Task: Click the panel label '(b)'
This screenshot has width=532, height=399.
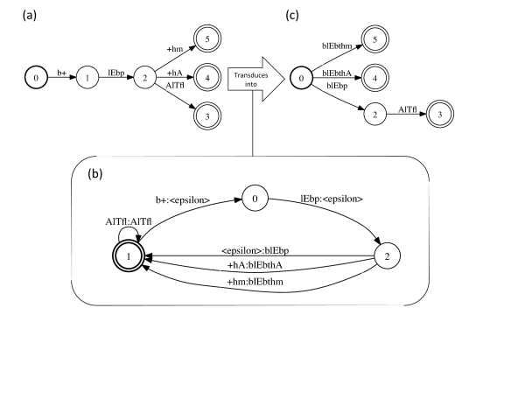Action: click(96, 174)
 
